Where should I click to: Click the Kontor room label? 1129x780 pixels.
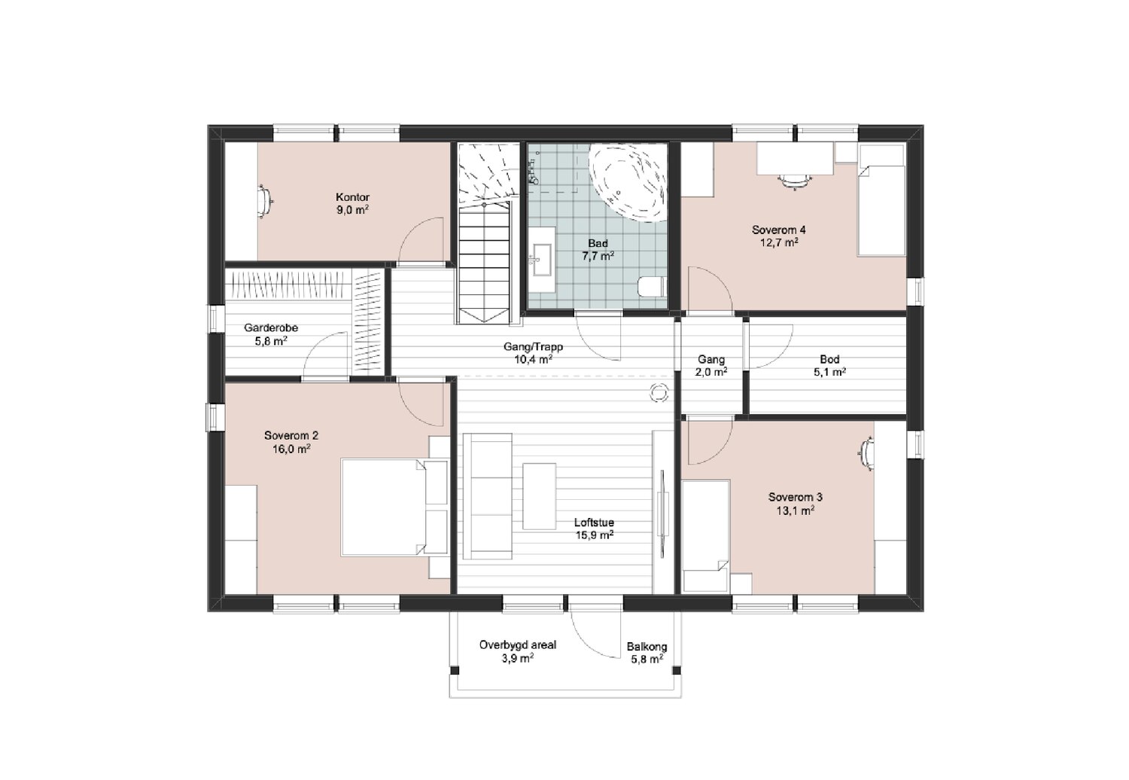tap(353, 197)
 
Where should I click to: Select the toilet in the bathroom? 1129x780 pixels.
tap(653, 288)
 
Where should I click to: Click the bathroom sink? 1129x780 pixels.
tap(543, 259)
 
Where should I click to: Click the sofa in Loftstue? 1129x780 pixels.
tap(487, 496)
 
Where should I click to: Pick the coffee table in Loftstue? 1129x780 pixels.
tap(539, 496)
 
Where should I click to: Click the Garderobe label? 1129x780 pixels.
tap(271, 328)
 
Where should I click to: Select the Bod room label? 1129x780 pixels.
tap(829, 359)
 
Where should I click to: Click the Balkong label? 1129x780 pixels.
tap(647, 647)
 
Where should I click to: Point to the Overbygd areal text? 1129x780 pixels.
tap(518, 645)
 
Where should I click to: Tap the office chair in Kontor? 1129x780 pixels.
tap(265, 202)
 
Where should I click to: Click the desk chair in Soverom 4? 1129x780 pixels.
tap(796, 180)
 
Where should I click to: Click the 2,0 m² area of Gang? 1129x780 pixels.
tap(711, 373)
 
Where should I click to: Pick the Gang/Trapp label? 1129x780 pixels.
tap(533, 347)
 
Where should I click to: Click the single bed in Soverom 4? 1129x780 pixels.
tap(881, 200)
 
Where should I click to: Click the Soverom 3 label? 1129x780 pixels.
tap(796, 497)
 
